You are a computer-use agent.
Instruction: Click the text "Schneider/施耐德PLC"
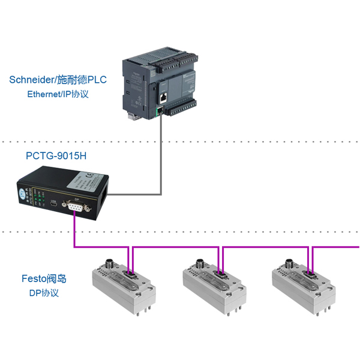coord(58,79)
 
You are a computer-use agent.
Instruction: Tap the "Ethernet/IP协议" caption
coord(58,94)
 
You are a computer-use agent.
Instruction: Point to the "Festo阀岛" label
coord(44,278)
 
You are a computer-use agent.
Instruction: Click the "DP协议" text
coord(44,293)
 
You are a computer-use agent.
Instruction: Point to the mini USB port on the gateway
coord(54,205)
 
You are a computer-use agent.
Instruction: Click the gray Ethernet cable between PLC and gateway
coord(161,156)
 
